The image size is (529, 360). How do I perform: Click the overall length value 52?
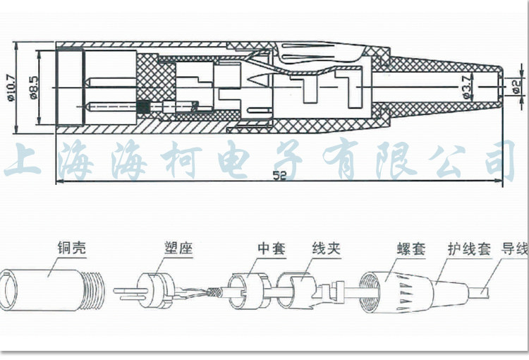[283, 181]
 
